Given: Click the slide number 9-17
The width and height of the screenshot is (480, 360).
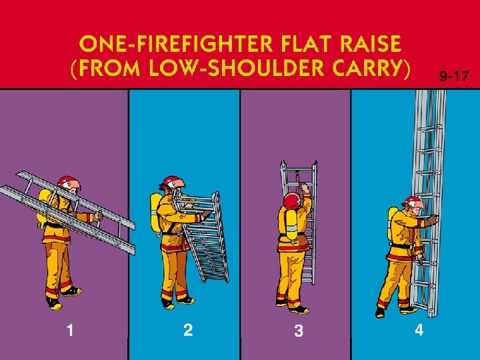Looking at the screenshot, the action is pyautogui.click(x=454, y=76).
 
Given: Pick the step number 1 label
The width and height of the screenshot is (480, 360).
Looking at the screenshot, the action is pyautogui.click(x=70, y=331).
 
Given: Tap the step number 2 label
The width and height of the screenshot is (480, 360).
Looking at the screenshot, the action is pyautogui.click(x=188, y=330).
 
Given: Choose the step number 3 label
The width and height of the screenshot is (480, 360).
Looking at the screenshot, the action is pyautogui.click(x=299, y=331).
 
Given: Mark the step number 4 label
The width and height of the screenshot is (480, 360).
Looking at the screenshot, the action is pyautogui.click(x=419, y=330).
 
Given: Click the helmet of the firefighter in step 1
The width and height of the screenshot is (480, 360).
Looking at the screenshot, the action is pyautogui.click(x=68, y=183).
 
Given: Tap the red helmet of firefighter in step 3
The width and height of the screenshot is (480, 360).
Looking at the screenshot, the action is pyautogui.click(x=293, y=201).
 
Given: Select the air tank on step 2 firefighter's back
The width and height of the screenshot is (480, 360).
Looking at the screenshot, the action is pyautogui.click(x=155, y=212).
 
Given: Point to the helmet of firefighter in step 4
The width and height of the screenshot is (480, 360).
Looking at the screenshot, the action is pyautogui.click(x=413, y=201).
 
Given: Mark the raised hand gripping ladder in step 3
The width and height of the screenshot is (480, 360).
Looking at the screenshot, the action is pyautogui.click(x=305, y=187).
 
